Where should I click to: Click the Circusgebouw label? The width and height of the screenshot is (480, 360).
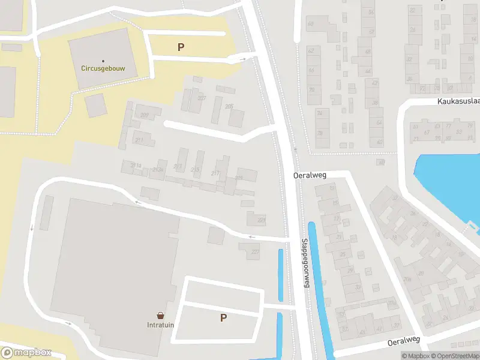pos(103,68)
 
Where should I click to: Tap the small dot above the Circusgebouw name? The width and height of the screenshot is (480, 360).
pos(103,61)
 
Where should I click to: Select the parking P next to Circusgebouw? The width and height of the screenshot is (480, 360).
pos(181,47)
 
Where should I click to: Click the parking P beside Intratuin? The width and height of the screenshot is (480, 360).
pos(223,318)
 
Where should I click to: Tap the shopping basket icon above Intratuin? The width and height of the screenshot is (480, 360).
pos(161,316)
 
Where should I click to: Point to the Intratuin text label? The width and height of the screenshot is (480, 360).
pos(161,326)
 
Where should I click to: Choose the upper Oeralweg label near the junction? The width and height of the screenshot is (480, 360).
pos(308,175)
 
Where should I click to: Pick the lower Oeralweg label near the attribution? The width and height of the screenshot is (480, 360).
pos(403,340)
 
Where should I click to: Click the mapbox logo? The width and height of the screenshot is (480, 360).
pos(25,353)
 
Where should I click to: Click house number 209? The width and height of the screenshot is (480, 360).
pos(145,115)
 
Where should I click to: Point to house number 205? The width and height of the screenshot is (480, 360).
pos(229,106)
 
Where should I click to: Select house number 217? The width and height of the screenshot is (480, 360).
pos(215,174)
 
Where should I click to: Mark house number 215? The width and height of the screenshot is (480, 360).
pos(195,170)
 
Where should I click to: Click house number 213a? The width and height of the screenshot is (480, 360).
pos(158,170)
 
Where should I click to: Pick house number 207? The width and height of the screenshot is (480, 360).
pos(202,98)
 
